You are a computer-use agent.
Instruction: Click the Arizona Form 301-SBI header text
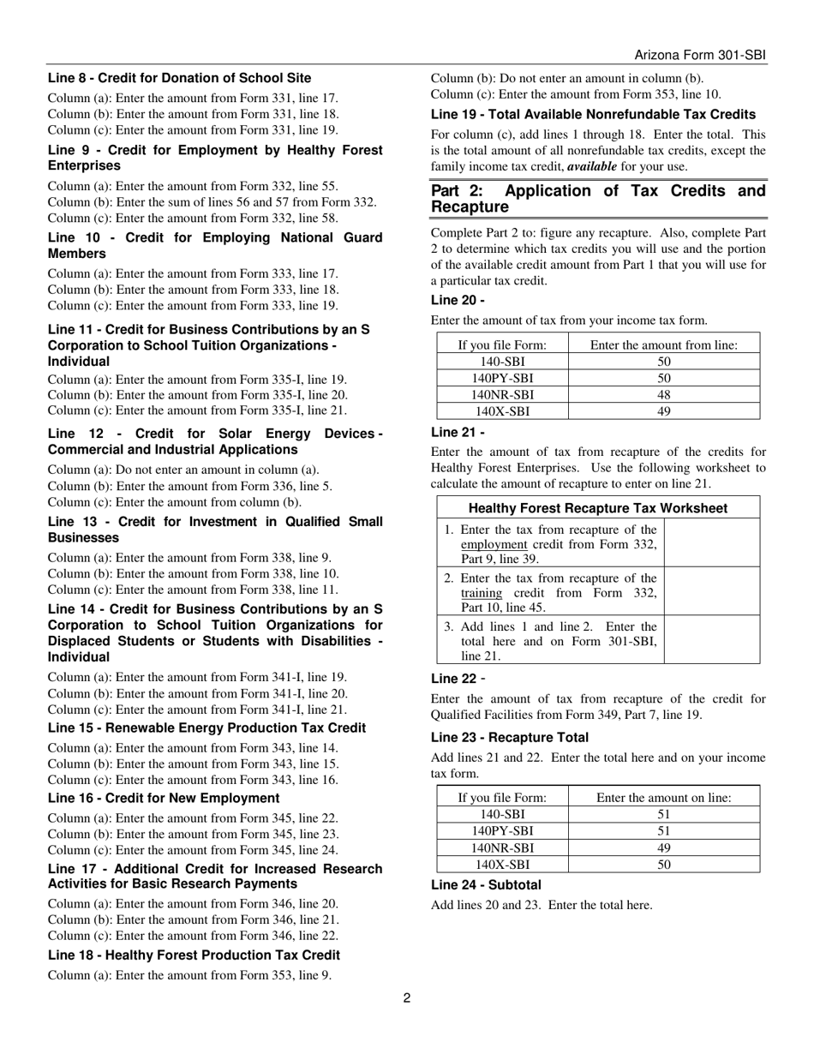click(699, 55)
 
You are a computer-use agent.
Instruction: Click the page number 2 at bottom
click(407, 997)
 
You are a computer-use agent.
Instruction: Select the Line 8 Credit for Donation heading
click(180, 78)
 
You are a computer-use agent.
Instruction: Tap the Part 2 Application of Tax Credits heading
click(598, 199)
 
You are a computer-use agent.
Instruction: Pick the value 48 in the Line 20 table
click(664, 395)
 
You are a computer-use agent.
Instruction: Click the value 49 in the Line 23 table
click(664, 848)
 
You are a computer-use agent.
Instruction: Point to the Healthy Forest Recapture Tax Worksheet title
click(598, 508)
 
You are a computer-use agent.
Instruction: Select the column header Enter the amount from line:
click(664, 345)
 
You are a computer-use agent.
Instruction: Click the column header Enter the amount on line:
click(664, 798)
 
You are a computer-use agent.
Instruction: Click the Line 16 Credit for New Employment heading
click(164, 798)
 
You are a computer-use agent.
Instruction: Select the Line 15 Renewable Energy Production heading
click(206, 728)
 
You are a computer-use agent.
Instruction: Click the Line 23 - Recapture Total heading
click(510, 737)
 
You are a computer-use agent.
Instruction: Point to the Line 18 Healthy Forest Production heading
click(194, 955)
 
